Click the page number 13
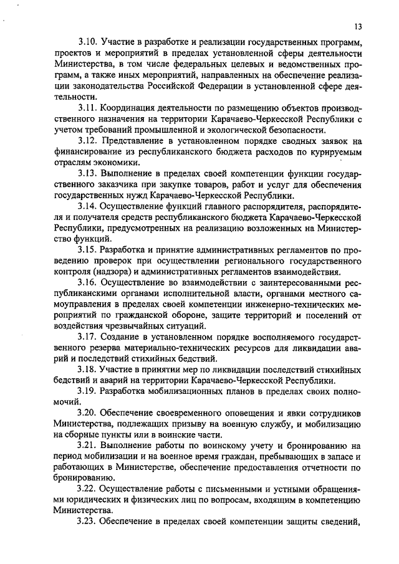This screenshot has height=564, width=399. [358, 26]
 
